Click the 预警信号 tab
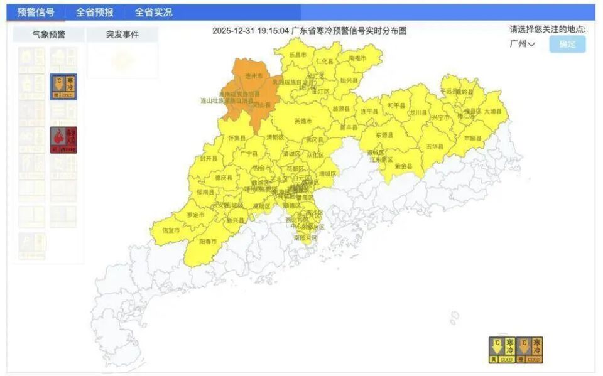35,13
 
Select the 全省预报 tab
94,13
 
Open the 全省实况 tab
153,13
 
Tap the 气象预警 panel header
48,35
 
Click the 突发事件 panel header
122,35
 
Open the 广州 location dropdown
522,44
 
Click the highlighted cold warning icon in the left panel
63,87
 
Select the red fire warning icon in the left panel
63,140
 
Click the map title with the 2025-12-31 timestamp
310,30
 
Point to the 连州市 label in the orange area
254,75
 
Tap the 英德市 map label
303,121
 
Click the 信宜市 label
171,230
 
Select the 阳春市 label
207,241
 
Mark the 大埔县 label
492,111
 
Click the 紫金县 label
404,166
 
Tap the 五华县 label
434,146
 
